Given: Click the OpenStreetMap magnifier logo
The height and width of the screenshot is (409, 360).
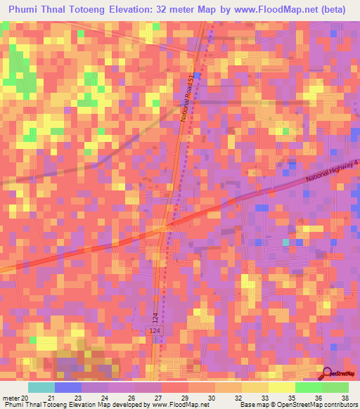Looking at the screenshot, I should click(326, 375).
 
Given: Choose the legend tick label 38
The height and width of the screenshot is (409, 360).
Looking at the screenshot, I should click(345, 398).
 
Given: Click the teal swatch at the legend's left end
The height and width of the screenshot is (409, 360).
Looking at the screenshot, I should click(41, 387).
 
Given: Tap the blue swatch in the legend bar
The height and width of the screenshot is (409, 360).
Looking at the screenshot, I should click(68, 387).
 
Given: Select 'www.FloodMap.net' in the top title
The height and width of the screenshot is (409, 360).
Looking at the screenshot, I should click(273, 10).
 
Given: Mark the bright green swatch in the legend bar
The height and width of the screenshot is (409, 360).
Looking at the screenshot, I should click(308, 387).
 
